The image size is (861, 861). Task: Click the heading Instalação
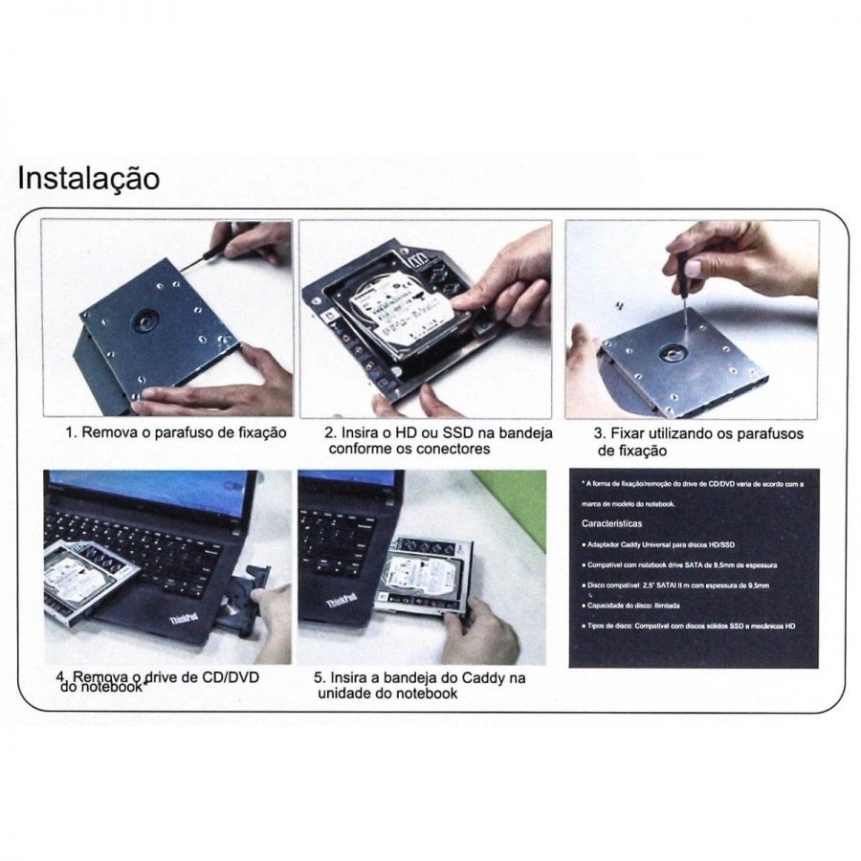click(89, 179)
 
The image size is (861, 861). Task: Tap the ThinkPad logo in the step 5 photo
click(342, 600)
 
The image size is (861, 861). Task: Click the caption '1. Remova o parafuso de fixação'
click(175, 432)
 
